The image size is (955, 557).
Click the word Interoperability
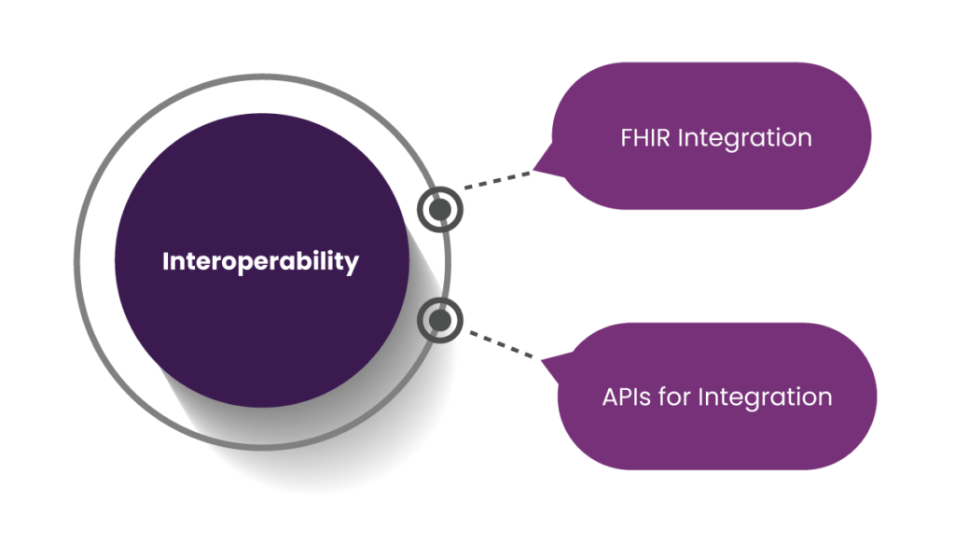(261, 262)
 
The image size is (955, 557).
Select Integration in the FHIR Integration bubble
(745, 139)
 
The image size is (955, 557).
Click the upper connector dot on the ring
(440, 210)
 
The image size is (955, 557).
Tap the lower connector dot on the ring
(440, 320)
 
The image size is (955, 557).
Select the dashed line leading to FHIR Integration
(498, 180)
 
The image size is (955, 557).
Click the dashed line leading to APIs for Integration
(501, 344)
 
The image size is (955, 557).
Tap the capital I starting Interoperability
(166, 261)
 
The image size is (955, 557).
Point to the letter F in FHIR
(627, 138)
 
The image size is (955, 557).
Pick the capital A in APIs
(612, 397)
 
